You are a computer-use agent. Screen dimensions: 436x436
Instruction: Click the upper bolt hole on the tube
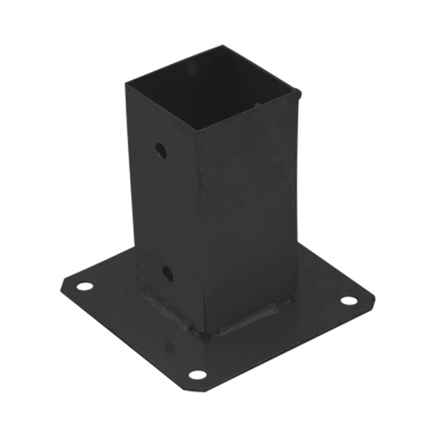(161, 150)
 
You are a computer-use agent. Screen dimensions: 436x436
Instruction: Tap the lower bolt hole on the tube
(167, 274)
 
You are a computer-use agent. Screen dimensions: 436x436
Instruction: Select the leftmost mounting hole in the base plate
(85, 286)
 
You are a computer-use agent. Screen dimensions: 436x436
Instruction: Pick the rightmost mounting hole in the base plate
(349, 300)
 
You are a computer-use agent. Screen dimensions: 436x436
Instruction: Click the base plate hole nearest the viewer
(198, 375)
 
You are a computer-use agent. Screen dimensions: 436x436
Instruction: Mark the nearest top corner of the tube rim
(195, 131)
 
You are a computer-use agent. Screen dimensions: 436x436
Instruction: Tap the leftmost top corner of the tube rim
(126, 84)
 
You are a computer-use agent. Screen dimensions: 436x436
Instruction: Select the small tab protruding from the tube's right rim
(298, 92)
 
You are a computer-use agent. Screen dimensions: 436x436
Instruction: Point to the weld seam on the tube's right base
(251, 320)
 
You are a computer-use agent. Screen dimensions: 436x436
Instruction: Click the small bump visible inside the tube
(257, 105)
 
